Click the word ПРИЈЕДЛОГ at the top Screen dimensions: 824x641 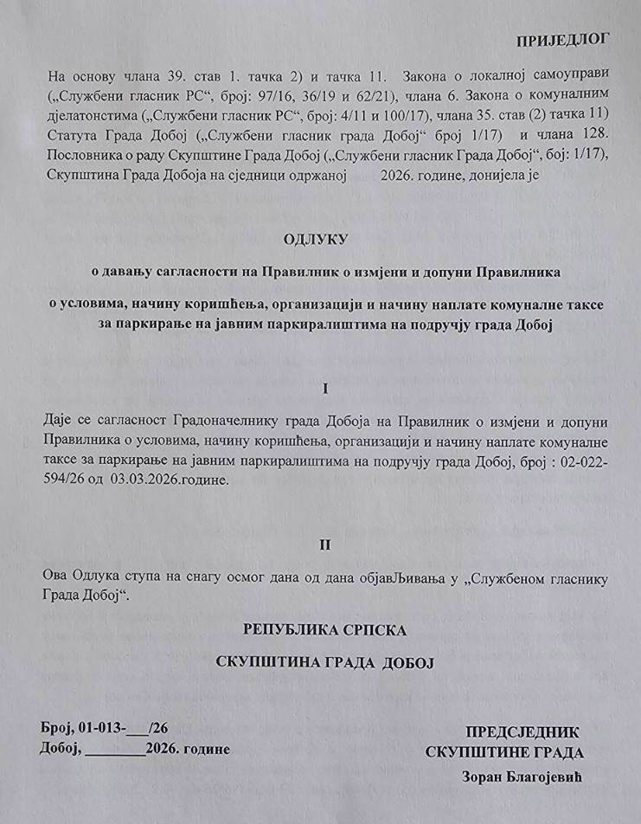point(562,39)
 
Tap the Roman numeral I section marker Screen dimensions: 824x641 point(325,389)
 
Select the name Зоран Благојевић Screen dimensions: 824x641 point(522,776)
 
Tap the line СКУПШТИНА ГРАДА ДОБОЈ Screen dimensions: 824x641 point(324,662)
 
